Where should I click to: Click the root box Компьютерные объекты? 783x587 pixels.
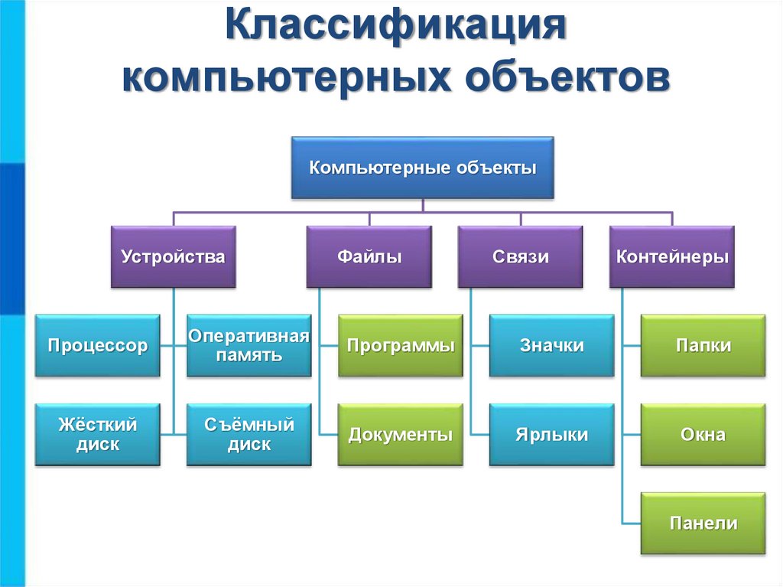[422, 168]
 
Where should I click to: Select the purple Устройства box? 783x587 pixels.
[173, 256]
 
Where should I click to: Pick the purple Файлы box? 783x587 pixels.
[369, 256]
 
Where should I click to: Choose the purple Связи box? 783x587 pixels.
[520, 256]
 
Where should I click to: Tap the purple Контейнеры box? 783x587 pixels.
[672, 256]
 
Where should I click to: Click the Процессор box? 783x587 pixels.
[97, 345]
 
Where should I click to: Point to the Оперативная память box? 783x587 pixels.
[249, 345]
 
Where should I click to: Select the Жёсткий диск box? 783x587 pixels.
[97, 435]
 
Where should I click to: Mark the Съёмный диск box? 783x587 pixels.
[249, 435]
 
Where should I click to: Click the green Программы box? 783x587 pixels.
[401, 345]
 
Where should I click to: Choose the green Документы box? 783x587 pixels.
[401, 435]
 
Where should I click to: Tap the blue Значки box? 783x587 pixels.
[551, 345]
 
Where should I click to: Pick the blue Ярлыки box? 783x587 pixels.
[551, 435]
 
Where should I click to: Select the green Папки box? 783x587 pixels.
[703, 345]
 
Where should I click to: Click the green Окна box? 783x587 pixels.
[703, 435]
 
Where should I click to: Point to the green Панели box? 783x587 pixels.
[703, 523]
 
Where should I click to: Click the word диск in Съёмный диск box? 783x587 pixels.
[249, 445]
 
